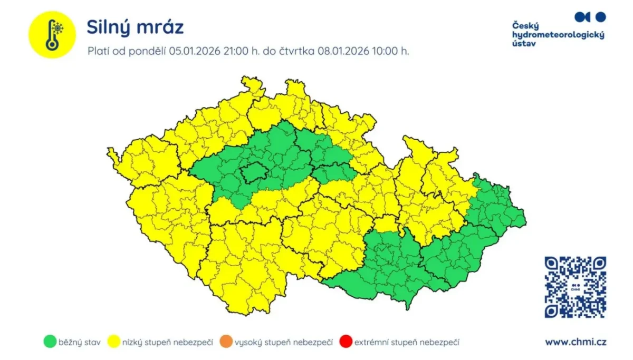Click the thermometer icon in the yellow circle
[x=52, y=35]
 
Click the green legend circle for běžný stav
[x=49, y=342]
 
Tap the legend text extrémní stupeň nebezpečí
[x=407, y=343]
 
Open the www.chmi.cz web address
[x=576, y=342]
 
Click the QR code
[x=575, y=287]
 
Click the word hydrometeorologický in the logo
[x=558, y=35]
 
